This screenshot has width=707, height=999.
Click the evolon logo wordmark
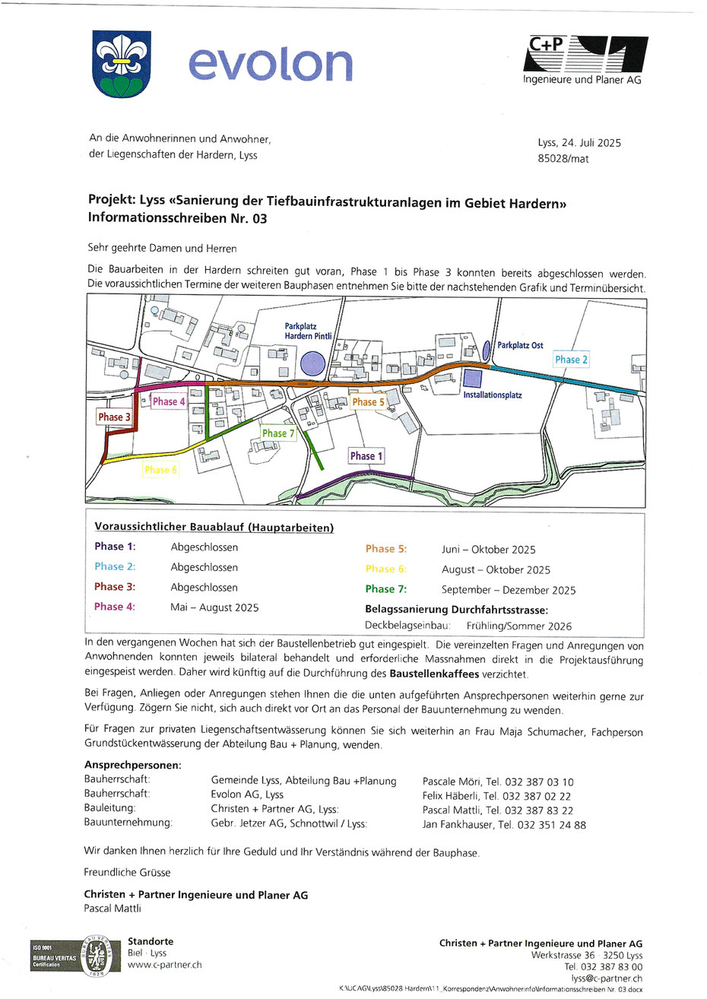[270, 65]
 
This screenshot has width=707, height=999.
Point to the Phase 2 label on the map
[571, 360]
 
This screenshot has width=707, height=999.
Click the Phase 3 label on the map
[114, 417]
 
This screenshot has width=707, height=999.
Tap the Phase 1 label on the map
[366, 456]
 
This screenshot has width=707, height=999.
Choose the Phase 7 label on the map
[278, 433]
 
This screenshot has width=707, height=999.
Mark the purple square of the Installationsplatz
[472, 378]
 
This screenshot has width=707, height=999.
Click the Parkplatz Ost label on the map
[520, 345]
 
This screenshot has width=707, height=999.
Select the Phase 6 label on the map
[160, 470]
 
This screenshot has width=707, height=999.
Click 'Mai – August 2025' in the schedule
[214, 607]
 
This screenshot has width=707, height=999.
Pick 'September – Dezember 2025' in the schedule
[508, 590]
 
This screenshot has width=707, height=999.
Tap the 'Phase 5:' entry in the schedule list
[385, 549]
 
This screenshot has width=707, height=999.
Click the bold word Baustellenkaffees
[435, 674]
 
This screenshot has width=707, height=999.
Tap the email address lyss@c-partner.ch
[606, 978]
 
